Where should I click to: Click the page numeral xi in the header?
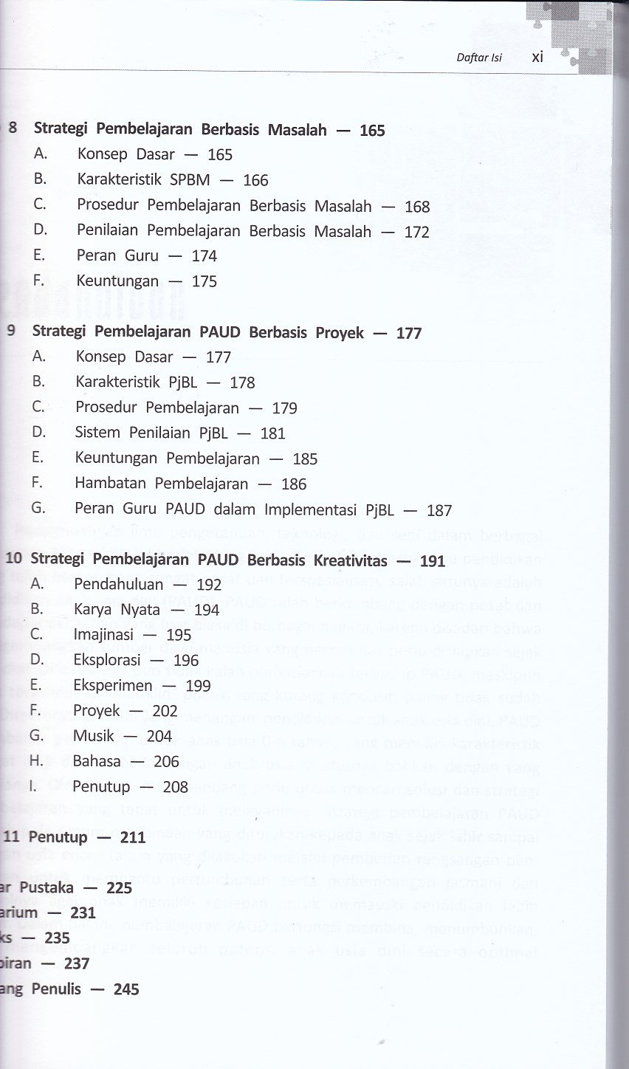[x=537, y=57]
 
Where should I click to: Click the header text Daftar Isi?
[x=478, y=58]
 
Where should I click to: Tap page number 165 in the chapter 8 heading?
[x=372, y=131]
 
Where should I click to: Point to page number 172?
[x=416, y=232]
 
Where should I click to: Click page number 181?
[x=272, y=433]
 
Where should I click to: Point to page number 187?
[x=439, y=510]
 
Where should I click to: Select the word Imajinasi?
[x=100, y=635]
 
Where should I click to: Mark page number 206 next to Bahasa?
[x=166, y=762]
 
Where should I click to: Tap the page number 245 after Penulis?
[x=126, y=989]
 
